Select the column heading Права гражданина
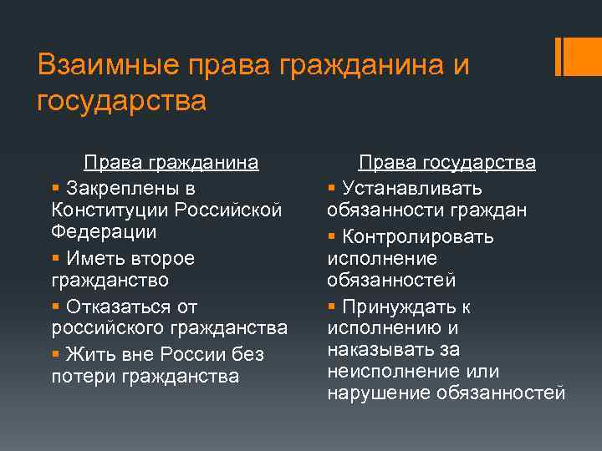171,163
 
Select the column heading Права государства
447,163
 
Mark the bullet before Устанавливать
331,187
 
